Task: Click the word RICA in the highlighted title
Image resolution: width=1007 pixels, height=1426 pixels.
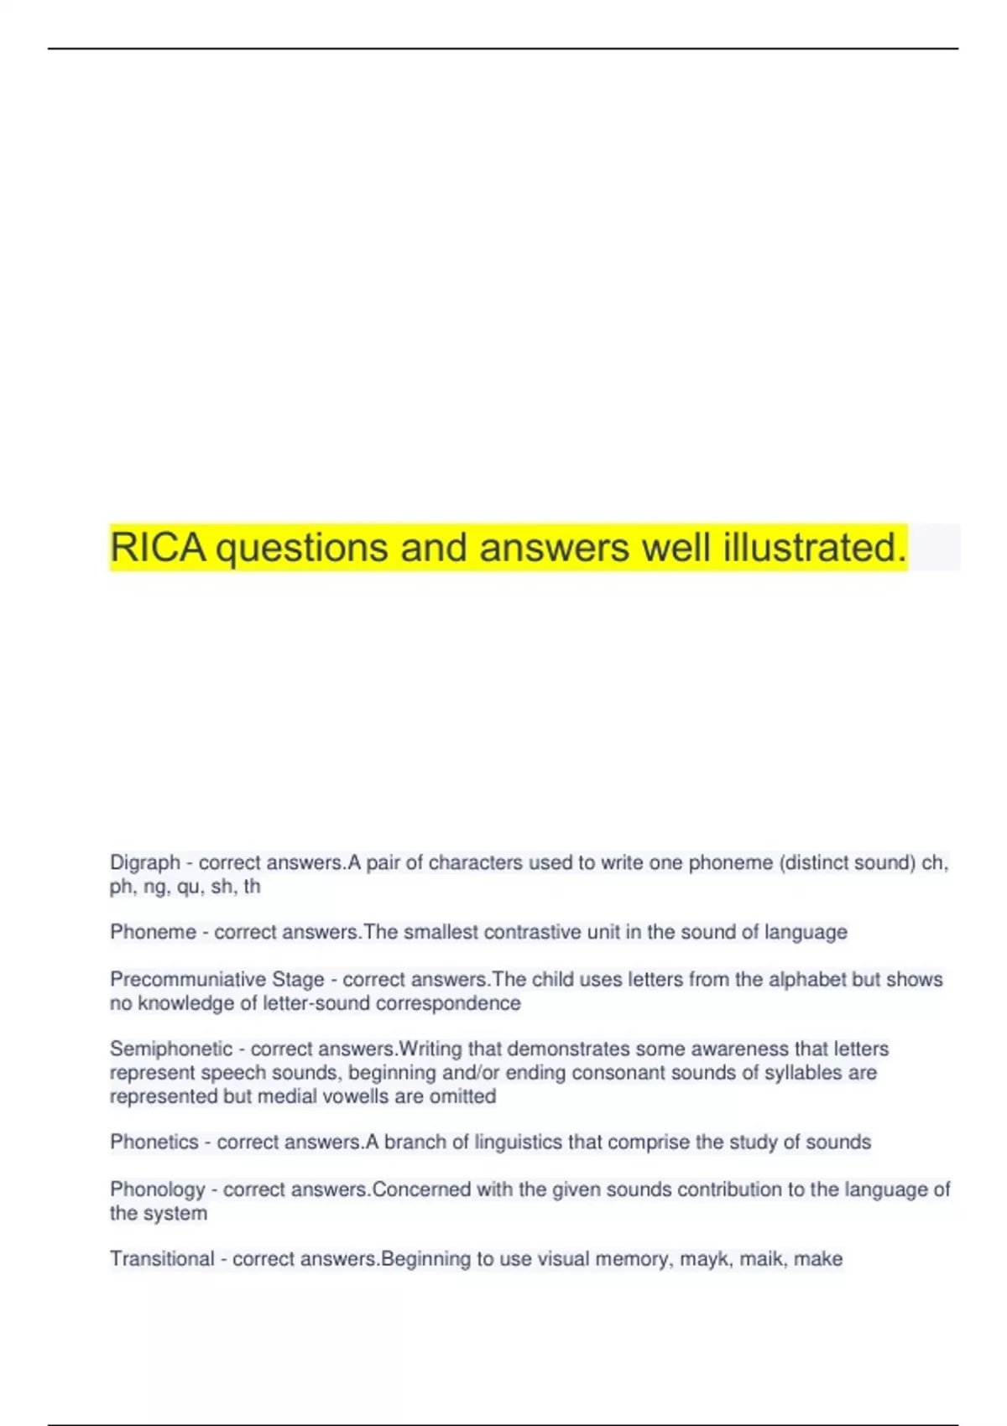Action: pyautogui.click(x=158, y=548)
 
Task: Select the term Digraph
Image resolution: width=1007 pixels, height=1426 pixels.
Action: pyautogui.click(x=145, y=862)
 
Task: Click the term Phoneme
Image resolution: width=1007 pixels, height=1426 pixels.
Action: pyautogui.click(x=153, y=932)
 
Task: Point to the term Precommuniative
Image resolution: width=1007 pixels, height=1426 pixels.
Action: pyautogui.click(x=187, y=979)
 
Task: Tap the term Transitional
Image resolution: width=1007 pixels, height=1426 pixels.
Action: pyautogui.click(x=162, y=1258)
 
